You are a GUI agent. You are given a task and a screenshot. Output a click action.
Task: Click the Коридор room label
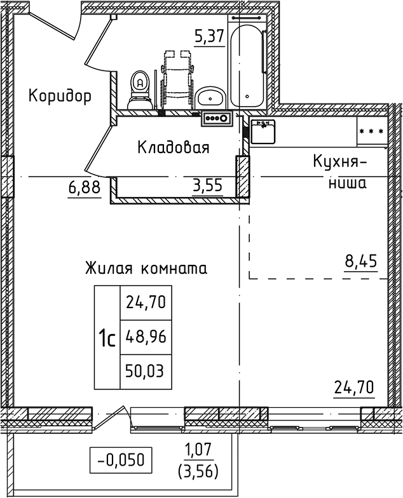[60, 96]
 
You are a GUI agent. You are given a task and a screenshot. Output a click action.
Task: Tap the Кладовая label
[174, 148]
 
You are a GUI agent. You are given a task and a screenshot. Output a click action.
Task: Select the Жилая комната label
[146, 268]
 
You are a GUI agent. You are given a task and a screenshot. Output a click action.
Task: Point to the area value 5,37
[209, 36]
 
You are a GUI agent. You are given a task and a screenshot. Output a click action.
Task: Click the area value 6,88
[84, 188]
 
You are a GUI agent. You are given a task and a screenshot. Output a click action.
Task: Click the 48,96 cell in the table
[146, 337]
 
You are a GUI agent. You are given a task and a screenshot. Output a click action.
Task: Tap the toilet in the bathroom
[139, 90]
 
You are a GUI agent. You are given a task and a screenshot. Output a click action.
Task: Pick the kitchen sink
[263, 130]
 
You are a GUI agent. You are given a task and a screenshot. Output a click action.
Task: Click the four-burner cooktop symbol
[217, 117]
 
